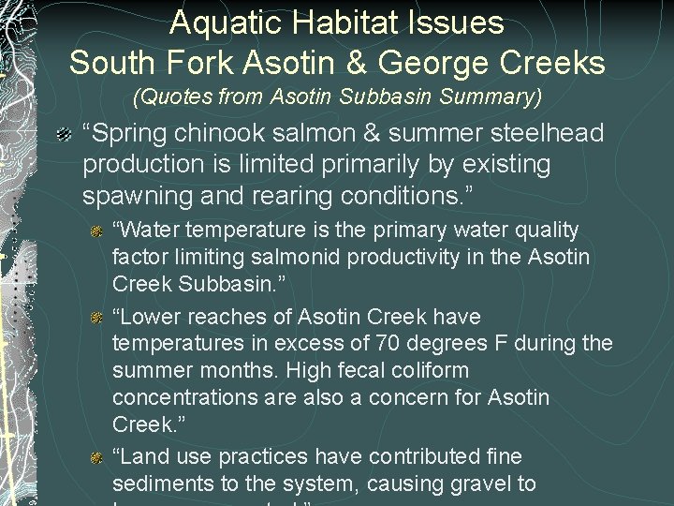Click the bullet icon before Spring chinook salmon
pyautogui.click(x=64, y=134)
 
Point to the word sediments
pyautogui.click(x=155, y=484)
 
